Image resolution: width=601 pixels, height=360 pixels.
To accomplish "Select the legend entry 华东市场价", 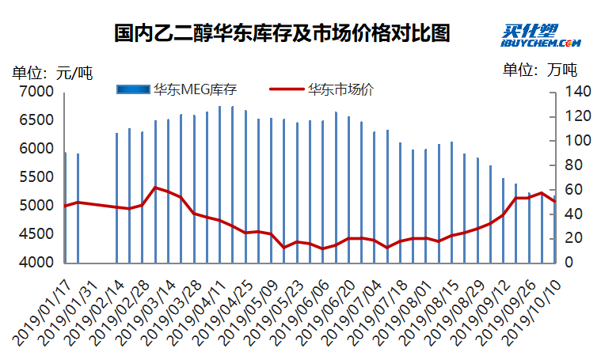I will pos(340,89).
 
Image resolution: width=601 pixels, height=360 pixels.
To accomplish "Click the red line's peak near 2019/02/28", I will pos(155,188).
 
